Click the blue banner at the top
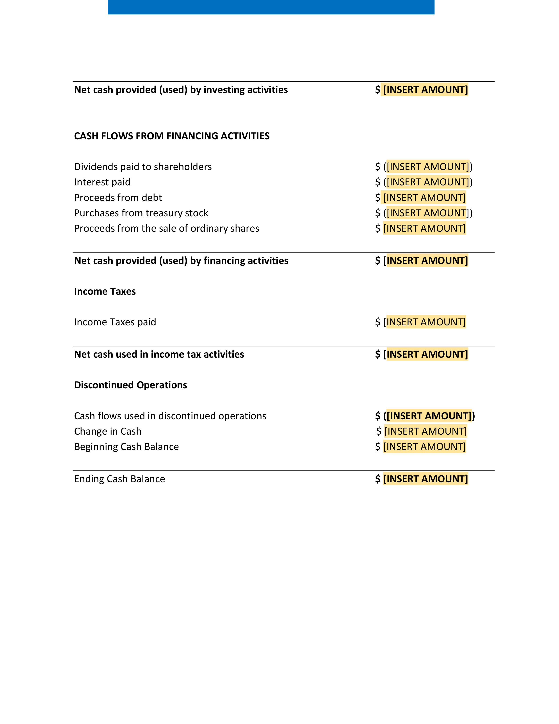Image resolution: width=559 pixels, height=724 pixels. click(x=271, y=7)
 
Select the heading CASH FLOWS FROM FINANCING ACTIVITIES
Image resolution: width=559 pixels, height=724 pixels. click(x=172, y=136)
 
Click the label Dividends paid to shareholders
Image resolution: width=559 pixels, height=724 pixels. click(x=143, y=167)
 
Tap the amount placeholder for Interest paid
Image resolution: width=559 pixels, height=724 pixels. click(x=427, y=182)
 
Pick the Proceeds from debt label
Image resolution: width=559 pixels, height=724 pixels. click(x=118, y=198)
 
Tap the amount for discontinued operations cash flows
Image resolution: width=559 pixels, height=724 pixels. click(x=429, y=416)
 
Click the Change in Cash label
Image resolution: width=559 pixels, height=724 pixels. click(x=108, y=431)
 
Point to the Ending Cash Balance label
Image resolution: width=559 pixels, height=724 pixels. click(x=119, y=479)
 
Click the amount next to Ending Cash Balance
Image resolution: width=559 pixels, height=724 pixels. click(x=425, y=479)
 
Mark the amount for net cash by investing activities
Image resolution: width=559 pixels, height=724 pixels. click(x=425, y=90)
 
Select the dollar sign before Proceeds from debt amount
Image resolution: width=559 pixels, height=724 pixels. click(x=377, y=198)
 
